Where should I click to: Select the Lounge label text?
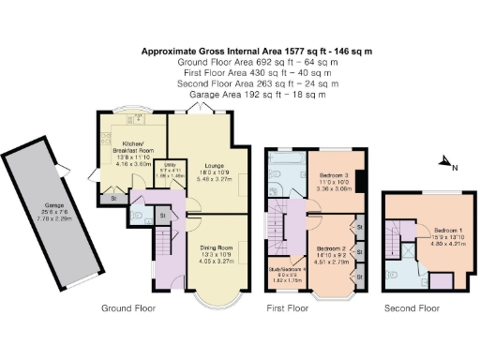pos(208,167)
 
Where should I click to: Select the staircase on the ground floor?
pos(163,253)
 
